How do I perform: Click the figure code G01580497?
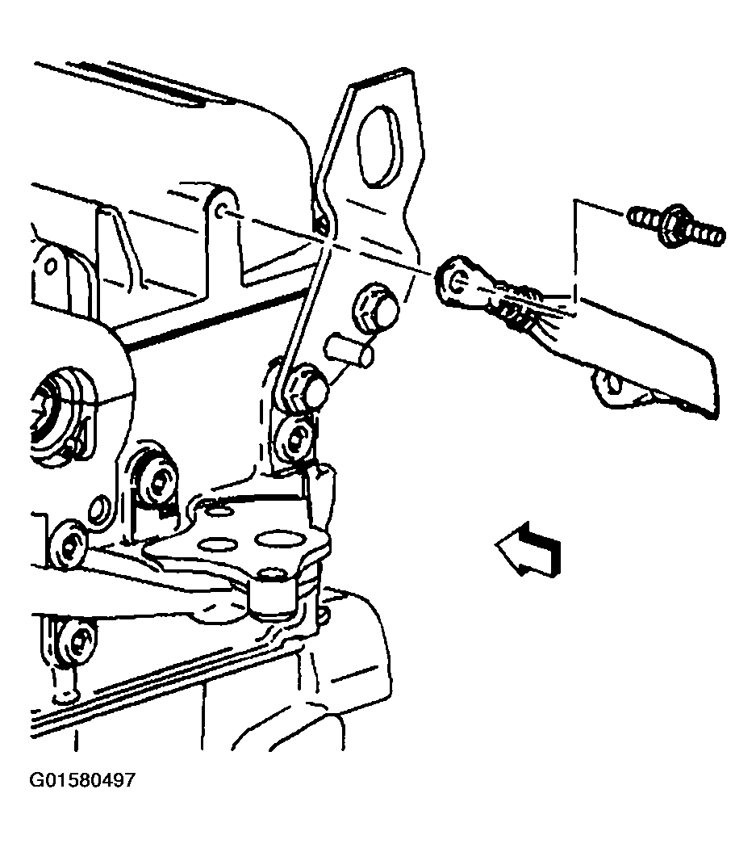(81, 781)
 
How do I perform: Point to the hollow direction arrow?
(528, 549)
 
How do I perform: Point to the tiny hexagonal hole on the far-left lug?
(50, 266)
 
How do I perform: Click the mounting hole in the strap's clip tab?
(614, 384)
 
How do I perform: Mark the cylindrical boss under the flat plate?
(273, 594)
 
